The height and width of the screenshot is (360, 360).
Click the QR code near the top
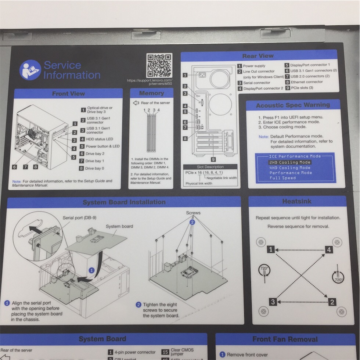tap(159, 65)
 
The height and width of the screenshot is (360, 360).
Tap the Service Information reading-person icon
tap(30, 70)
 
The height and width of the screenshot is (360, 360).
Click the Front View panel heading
tap(68, 94)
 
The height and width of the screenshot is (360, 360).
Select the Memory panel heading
tap(151, 93)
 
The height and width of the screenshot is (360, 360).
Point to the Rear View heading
tap(258, 56)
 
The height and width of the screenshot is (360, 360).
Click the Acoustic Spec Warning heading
tap(293, 105)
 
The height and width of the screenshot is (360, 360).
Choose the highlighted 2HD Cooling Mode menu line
tap(290, 162)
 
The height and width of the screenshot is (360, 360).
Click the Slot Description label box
tap(210, 167)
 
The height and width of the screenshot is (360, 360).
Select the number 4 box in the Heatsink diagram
tap(329, 250)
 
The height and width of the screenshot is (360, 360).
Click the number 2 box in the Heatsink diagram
tap(332, 302)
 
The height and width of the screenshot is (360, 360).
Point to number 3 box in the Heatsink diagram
tap(273, 302)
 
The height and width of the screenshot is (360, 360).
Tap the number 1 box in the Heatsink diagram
tap(271, 250)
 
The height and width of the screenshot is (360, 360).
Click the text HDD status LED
tap(99, 139)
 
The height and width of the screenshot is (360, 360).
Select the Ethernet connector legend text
tap(307, 82)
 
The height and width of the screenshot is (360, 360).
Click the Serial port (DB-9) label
tap(80, 217)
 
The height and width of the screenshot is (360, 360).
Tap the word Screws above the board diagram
tap(193, 213)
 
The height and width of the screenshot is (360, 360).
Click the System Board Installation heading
tap(124, 202)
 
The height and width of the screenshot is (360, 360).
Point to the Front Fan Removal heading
tap(285, 339)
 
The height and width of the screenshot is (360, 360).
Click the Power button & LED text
tap(102, 146)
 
